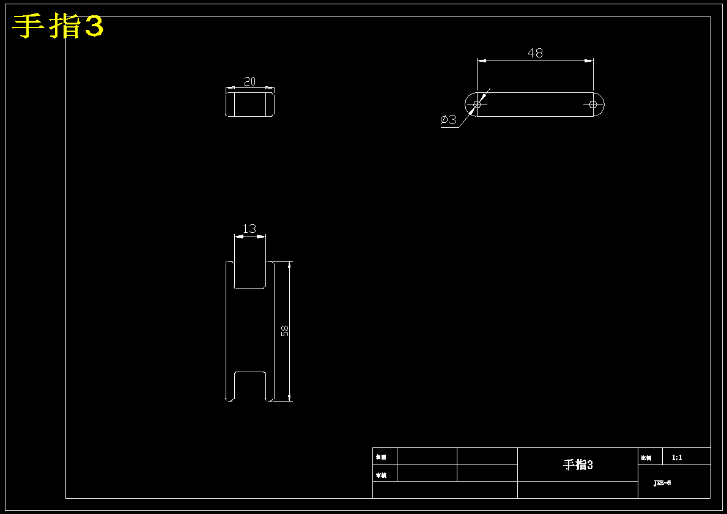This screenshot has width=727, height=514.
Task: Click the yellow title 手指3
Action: (x=58, y=27)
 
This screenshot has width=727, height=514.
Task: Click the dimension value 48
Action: (x=535, y=53)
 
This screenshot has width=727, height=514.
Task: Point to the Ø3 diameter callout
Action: (x=449, y=120)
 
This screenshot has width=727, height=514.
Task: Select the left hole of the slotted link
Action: (x=477, y=105)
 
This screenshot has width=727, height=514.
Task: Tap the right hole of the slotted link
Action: (x=592, y=105)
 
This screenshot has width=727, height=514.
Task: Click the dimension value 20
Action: (x=249, y=81)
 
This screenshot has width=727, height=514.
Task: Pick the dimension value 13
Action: (x=249, y=229)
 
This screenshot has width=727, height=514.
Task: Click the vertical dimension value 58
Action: (x=284, y=331)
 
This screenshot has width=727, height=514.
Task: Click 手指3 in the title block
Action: (x=578, y=465)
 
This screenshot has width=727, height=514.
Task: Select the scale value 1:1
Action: (x=677, y=457)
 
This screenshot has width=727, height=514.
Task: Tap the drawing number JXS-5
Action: (x=662, y=483)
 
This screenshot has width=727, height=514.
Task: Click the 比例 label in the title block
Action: (x=646, y=458)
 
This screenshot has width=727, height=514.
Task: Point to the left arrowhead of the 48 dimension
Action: (x=481, y=61)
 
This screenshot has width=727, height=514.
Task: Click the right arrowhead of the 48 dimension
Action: (x=589, y=61)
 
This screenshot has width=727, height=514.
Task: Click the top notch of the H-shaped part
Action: (x=250, y=274)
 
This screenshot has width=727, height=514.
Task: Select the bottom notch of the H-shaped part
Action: (x=250, y=386)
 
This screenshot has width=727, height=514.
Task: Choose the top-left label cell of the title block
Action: (x=385, y=457)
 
